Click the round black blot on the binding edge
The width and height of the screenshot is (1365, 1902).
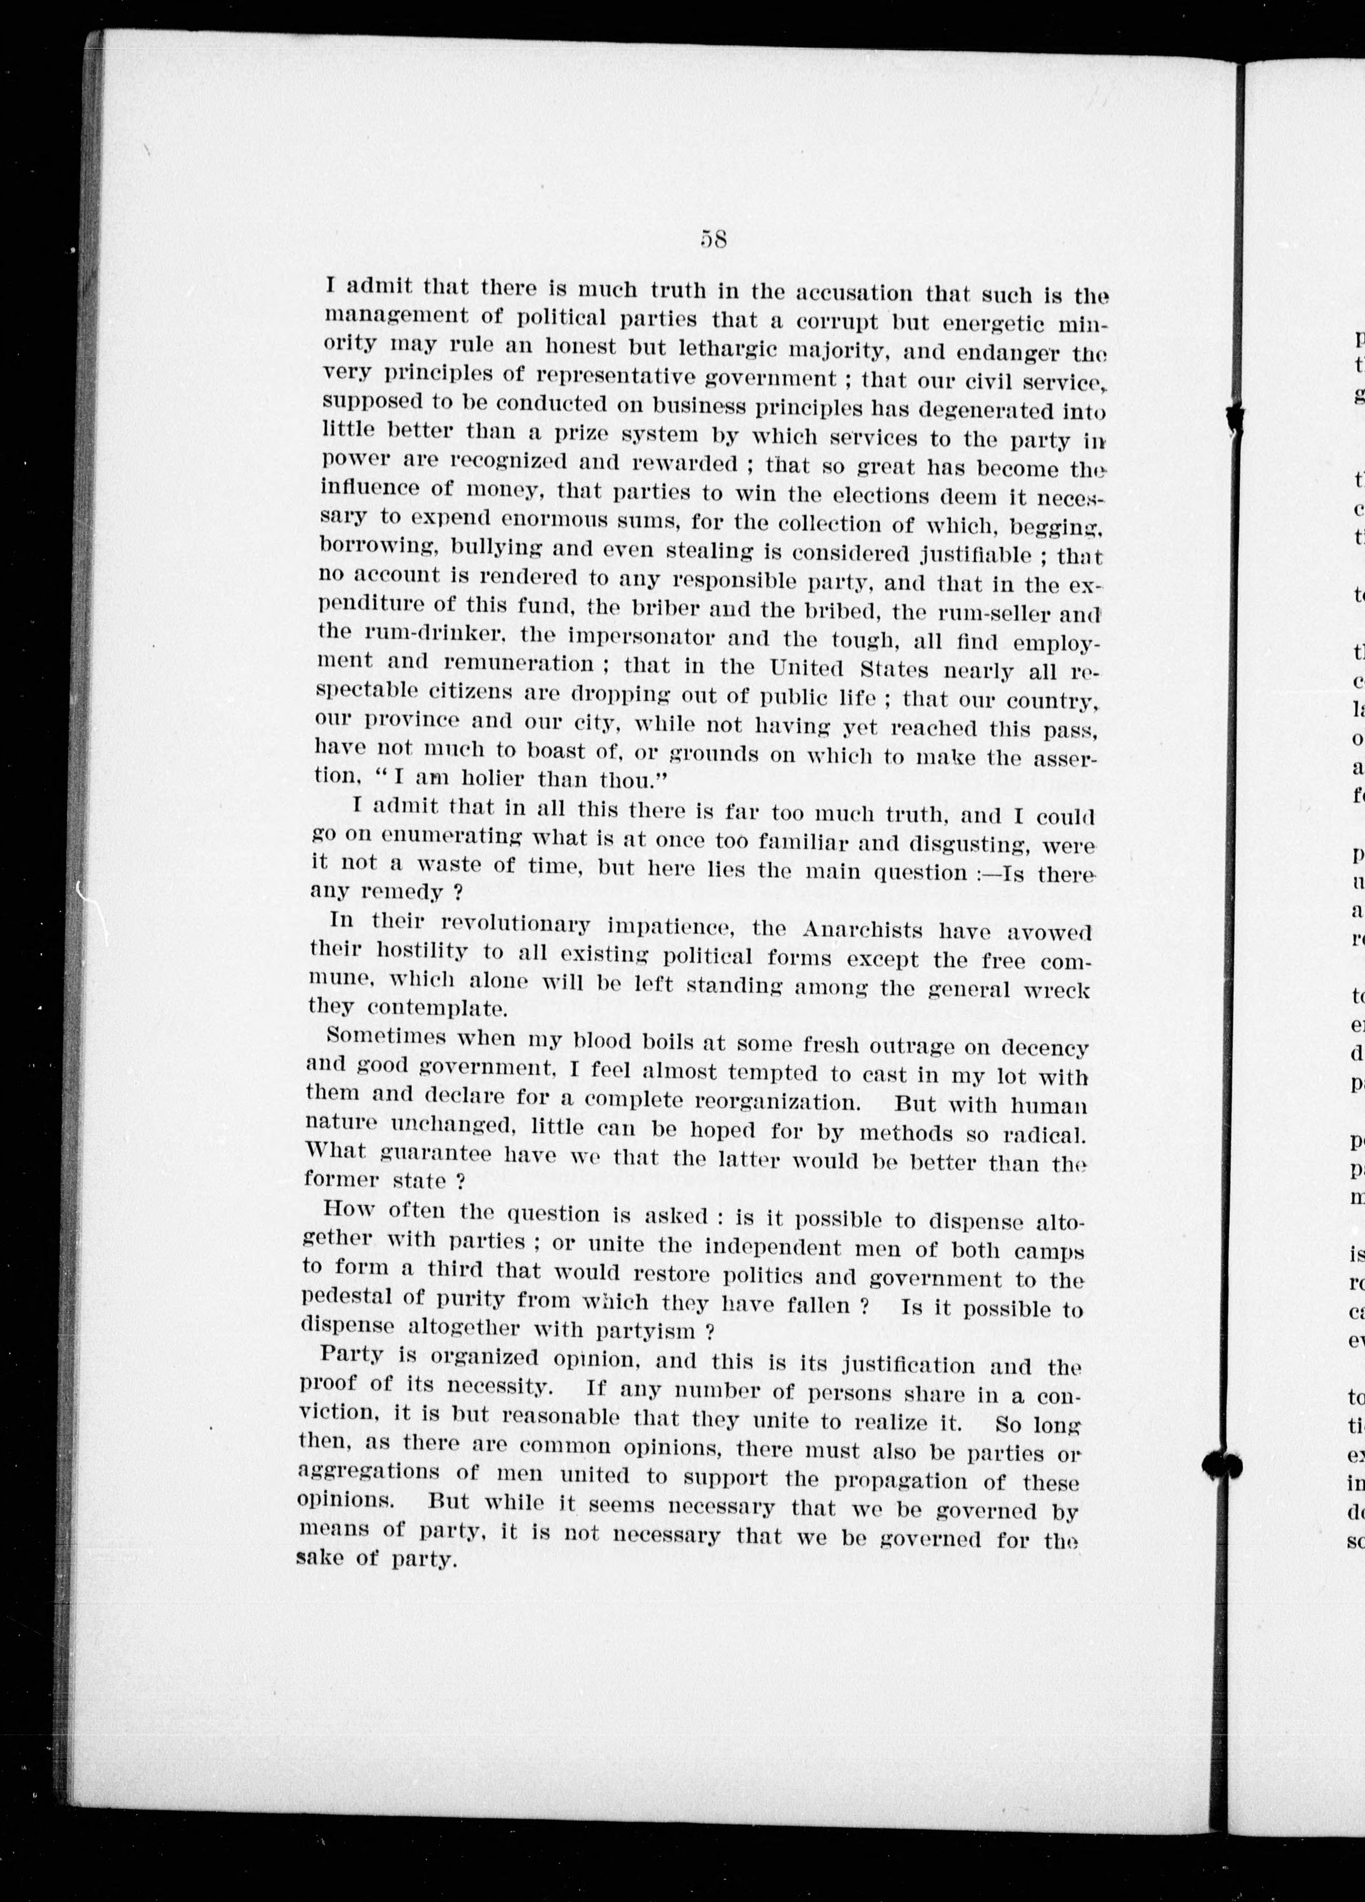pyautogui.click(x=1222, y=1464)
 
